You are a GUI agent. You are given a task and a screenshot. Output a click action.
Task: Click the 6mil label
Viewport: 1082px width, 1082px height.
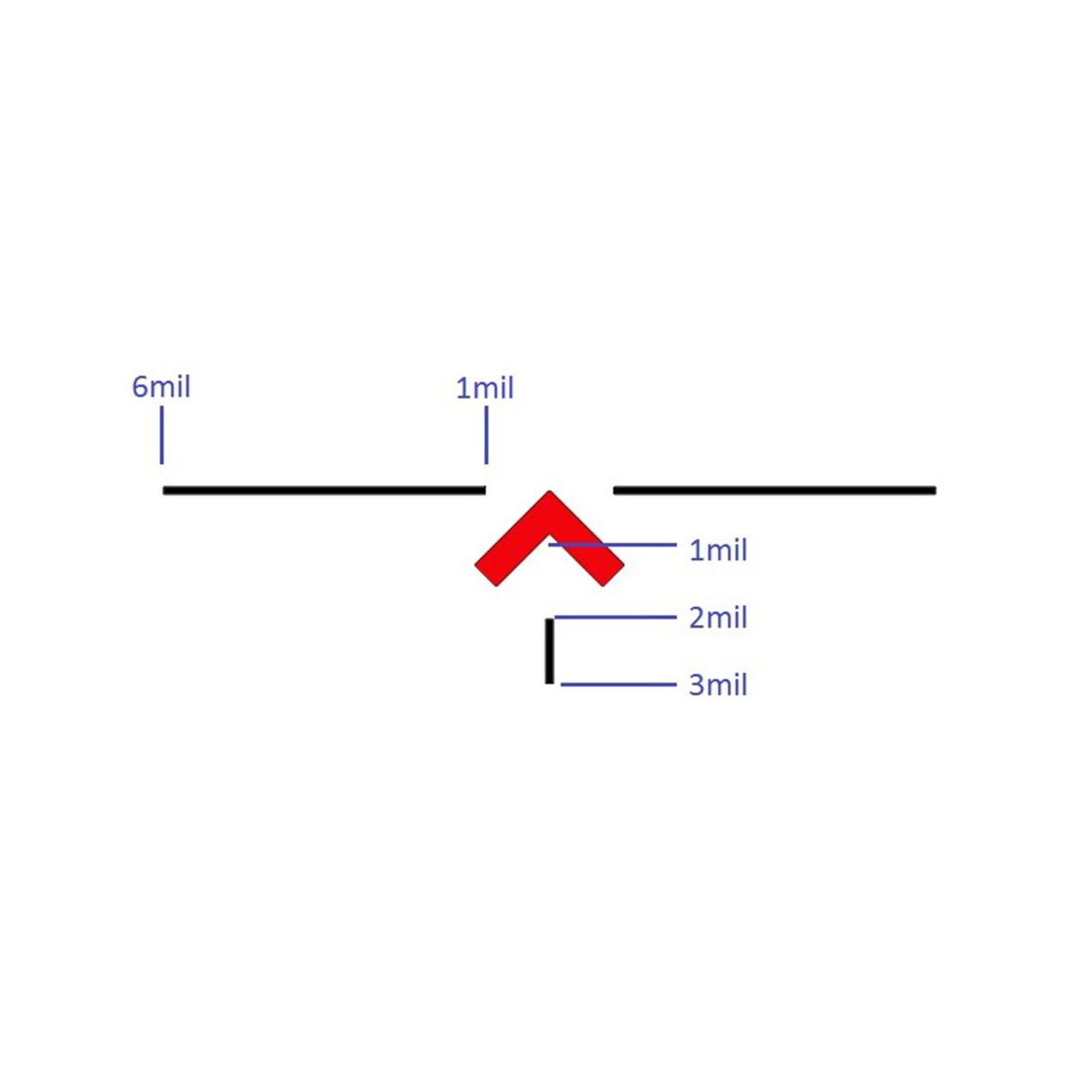click(161, 387)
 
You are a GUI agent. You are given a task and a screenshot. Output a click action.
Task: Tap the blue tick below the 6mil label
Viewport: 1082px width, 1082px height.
click(161, 436)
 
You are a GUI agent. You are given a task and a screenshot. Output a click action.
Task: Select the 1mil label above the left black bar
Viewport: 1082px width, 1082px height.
click(485, 388)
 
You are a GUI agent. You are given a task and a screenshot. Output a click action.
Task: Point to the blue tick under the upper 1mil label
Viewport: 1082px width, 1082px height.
click(486, 436)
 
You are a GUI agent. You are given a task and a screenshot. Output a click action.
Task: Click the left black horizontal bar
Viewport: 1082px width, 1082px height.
click(324, 491)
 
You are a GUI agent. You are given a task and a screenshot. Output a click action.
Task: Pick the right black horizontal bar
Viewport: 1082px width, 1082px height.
click(775, 491)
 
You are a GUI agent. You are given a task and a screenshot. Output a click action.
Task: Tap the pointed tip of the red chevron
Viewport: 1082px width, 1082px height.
click(549, 492)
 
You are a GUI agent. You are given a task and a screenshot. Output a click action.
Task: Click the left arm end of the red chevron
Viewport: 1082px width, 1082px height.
click(486, 575)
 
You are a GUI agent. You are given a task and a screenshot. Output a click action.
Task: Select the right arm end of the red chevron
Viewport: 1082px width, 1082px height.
click(613, 575)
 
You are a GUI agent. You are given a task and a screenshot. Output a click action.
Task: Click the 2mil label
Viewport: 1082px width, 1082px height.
click(718, 618)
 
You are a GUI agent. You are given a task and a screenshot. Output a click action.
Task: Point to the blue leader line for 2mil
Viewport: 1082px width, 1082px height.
click(616, 617)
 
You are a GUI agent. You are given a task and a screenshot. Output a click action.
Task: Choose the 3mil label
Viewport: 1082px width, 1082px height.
click(718, 685)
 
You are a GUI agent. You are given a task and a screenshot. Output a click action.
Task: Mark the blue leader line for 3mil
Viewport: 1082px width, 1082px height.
click(619, 684)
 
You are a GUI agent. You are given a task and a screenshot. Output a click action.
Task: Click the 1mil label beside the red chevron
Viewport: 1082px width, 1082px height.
click(718, 550)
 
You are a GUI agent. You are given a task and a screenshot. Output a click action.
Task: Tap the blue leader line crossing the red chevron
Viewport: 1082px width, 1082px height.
click(612, 544)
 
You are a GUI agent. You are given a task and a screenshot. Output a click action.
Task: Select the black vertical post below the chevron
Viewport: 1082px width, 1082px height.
click(549, 651)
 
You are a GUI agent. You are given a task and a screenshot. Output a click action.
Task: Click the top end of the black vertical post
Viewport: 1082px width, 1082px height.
click(549, 619)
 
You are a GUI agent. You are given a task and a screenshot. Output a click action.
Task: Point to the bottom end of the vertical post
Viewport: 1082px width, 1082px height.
click(549, 683)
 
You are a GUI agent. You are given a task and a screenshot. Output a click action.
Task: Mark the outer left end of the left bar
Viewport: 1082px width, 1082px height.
click(163, 491)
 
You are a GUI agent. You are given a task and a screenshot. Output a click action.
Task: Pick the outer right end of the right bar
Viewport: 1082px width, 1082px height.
click(936, 491)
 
